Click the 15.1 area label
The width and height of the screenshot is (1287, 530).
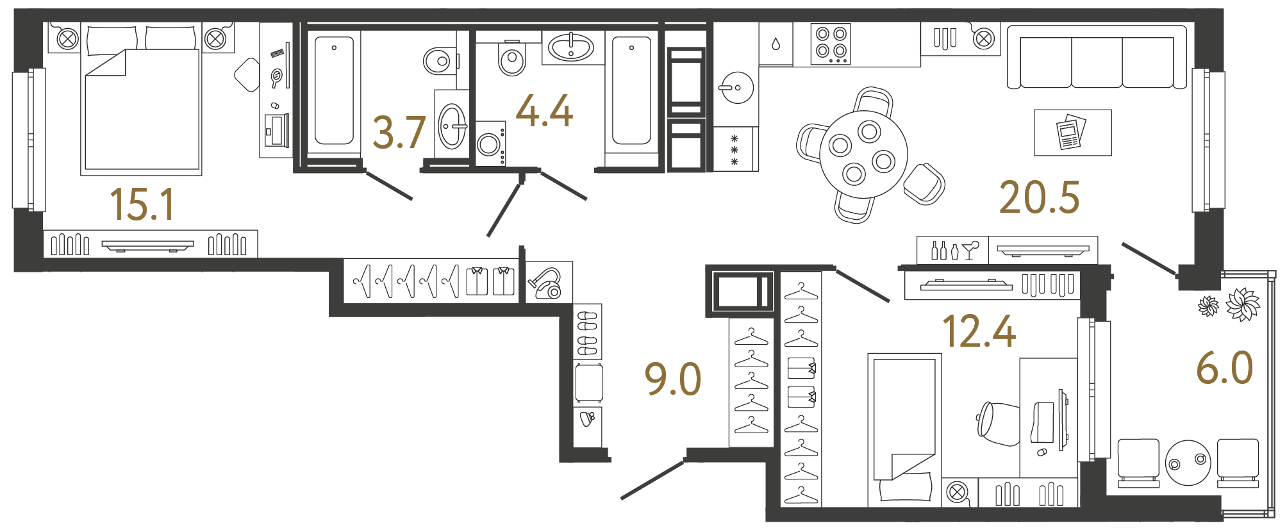142,204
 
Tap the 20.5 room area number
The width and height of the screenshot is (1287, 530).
1039,197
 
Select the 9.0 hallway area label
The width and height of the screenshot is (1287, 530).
672,379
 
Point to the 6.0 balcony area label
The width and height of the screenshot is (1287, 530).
1224,369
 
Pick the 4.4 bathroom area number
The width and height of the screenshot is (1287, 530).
544,112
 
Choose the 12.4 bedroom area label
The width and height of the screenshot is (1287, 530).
979,332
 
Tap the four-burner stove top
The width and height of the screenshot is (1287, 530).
831,44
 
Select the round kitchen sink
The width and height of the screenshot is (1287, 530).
737,87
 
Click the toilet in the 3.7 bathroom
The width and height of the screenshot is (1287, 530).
439,62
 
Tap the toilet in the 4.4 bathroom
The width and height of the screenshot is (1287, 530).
511,59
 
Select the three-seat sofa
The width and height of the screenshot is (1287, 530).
1097,60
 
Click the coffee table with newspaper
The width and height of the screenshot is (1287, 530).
1072,133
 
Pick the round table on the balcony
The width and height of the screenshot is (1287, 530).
1188,462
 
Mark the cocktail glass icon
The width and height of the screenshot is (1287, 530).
970,249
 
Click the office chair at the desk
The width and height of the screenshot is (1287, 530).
998,423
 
